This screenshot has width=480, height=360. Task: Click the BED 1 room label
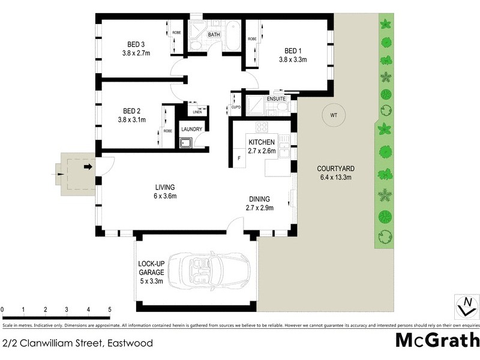click(x=292, y=50)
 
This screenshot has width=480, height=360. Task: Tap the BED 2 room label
click(x=131, y=111)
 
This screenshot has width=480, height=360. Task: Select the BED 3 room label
click(x=136, y=44)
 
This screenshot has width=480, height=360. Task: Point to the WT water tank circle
click(x=333, y=115)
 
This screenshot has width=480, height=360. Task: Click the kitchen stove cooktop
click(x=262, y=127)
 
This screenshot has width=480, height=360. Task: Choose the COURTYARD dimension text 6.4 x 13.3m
click(x=334, y=177)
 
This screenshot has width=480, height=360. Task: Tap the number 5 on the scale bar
click(x=110, y=310)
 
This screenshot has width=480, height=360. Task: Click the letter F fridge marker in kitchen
click(x=239, y=158)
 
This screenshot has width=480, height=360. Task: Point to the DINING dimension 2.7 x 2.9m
click(x=259, y=208)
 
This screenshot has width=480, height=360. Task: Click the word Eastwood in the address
click(x=130, y=344)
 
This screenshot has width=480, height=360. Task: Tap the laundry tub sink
click(x=186, y=143)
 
